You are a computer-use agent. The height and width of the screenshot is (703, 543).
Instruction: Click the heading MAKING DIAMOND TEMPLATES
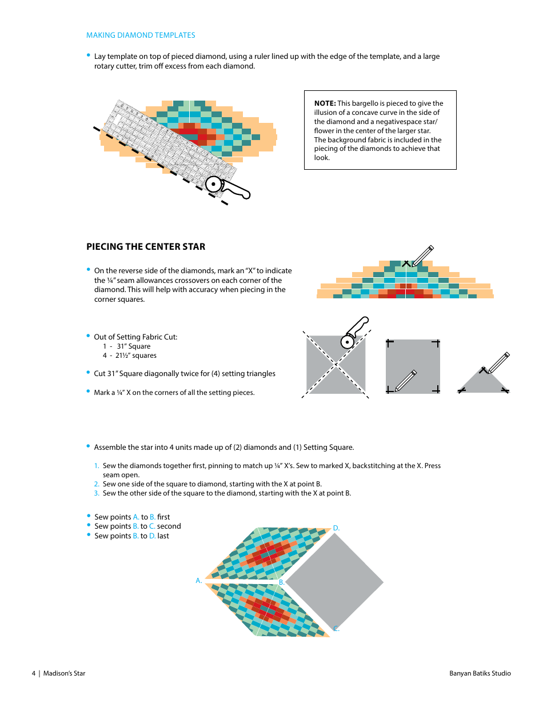(x=141, y=35)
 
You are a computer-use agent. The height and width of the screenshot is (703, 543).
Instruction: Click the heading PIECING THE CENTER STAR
(x=146, y=247)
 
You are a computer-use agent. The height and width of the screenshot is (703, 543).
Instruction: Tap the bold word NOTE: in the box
(x=325, y=103)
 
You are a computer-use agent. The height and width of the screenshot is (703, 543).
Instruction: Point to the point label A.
(x=199, y=581)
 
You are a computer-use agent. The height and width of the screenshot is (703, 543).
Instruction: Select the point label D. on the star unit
(x=337, y=528)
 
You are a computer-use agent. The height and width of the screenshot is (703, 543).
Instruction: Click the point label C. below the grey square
(x=337, y=629)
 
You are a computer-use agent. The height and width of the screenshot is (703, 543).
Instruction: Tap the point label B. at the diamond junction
(x=282, y=582)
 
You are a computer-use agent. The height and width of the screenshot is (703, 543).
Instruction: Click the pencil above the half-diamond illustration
(x=422, y=255)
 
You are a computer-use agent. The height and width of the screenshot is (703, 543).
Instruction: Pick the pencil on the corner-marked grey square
(x=406, y=381)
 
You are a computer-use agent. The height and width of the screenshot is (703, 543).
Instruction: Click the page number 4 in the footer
(x=34, y=673)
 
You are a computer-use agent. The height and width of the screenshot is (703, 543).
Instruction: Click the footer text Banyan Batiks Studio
(x=480, y=673)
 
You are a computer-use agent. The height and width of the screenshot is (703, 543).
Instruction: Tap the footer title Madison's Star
(x=64, y=673)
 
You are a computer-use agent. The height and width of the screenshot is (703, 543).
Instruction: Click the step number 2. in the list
(x=97, y=484)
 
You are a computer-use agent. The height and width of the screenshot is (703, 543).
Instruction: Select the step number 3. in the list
(x=97, y=493)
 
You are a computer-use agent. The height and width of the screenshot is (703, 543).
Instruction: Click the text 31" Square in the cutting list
(x=133, y=346)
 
